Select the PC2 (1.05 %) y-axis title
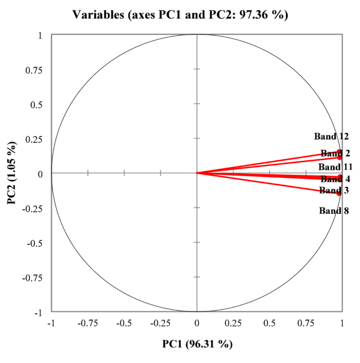point(11,173)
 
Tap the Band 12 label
point(332,137)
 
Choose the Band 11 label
point(335,167)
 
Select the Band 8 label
point(334,211)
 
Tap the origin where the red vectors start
point(197,173)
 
